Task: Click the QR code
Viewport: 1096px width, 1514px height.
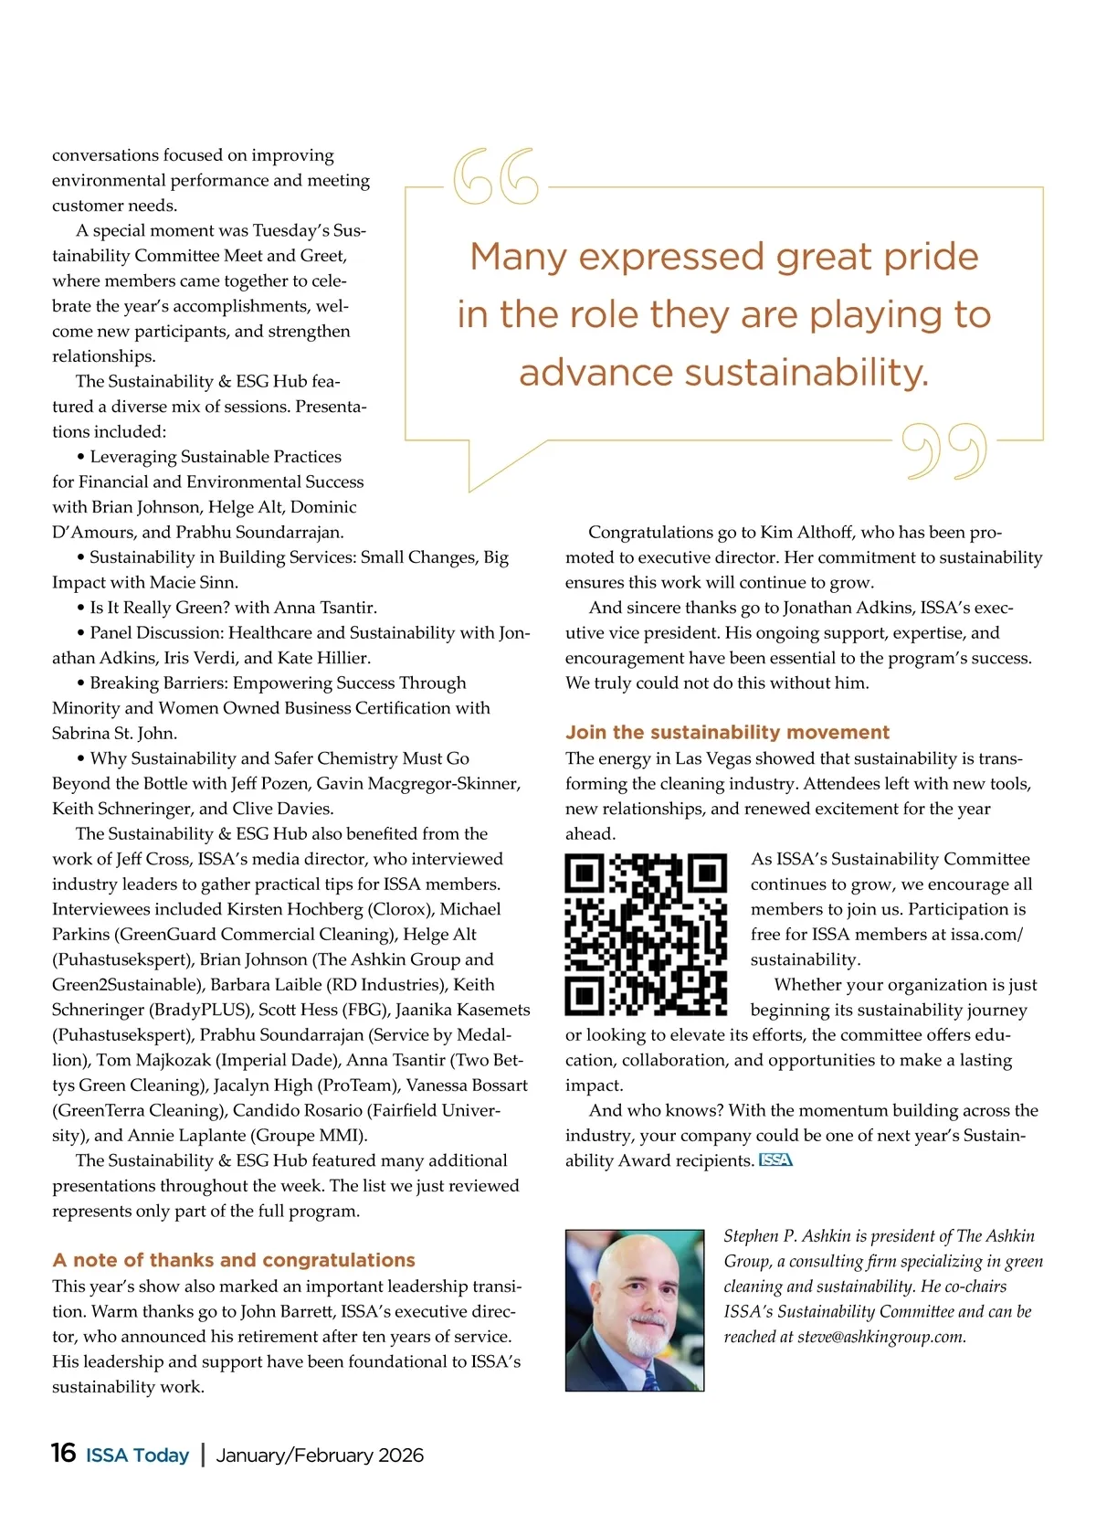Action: [x=646, y=934]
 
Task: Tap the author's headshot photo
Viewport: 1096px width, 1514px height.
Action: [x=635, y=1309]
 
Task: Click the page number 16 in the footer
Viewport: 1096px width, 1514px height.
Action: [x=63, y=1453]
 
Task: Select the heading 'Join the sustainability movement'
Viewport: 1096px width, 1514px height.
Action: [x=727, y=732]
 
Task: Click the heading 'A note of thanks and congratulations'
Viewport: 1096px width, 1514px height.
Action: [x=234, y=1260]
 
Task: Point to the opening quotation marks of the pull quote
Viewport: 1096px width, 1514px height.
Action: [x=496, y=175]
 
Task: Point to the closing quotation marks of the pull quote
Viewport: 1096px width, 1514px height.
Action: [x=944, y=451]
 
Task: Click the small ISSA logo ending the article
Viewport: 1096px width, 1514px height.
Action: [x=775, y=1160]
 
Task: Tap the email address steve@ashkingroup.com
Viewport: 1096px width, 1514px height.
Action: [x=880, y=1337]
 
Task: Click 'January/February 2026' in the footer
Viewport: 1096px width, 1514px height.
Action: [x=320, y=1455]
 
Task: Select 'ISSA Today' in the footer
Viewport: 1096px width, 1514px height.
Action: [x=137, y=1455]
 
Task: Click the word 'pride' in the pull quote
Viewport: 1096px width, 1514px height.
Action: [x=931, y=257]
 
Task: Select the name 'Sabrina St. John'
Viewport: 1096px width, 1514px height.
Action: [x=114, y=733]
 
